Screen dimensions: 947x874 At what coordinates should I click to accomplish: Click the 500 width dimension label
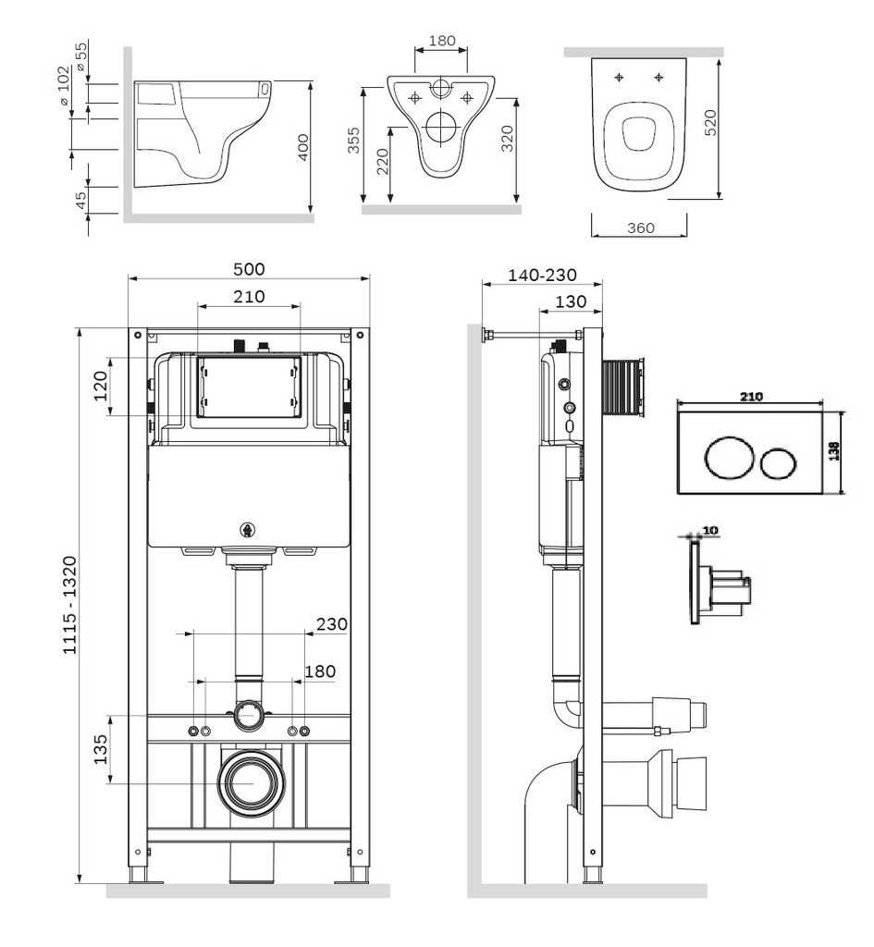pos(249,269)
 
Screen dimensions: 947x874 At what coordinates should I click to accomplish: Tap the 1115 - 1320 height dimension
pos(69,606)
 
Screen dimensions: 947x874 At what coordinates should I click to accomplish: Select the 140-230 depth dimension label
pos(542,275)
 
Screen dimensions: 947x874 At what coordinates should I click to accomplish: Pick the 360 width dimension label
pos(639,228)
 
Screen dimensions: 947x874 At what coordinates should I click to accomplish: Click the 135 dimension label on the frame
pos(103,748)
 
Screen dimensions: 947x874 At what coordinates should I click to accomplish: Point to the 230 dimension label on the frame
pos(331,624)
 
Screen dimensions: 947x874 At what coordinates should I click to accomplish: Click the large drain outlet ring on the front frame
pos(251,783)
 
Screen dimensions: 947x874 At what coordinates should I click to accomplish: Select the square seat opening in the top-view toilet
pos(637,134)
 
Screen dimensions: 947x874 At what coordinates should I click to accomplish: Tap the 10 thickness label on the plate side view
pos(709,531)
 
